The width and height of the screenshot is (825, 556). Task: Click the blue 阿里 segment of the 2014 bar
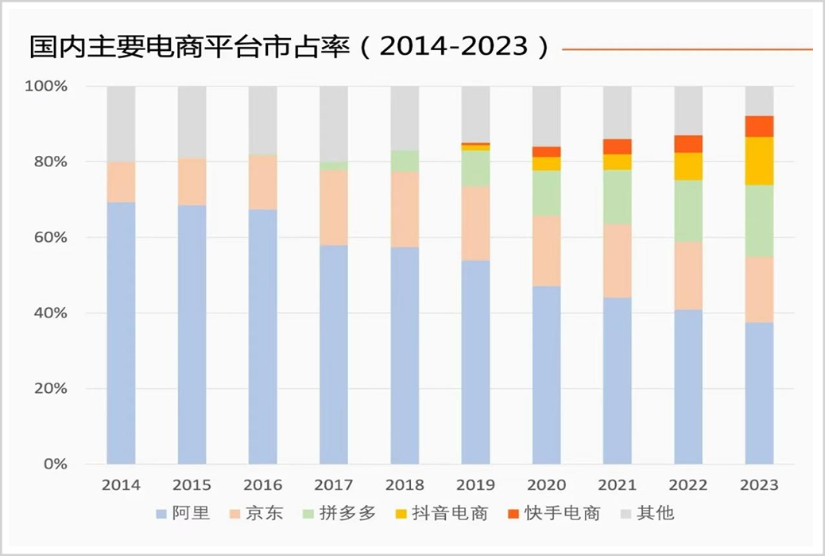tap(121, 332)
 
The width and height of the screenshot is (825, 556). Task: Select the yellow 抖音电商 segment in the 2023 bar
tap(759, 161)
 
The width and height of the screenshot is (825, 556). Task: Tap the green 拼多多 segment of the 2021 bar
tap(618, 196)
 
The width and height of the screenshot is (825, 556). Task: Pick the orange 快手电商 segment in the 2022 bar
tap(688, 144)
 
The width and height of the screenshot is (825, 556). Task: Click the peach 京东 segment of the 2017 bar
tap(334, 207)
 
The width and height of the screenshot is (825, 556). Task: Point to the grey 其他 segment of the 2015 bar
tap(192, 122)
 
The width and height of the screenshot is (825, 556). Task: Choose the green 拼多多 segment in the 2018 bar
tap(405, 161)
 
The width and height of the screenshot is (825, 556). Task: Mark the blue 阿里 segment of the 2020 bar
tap(547, 375)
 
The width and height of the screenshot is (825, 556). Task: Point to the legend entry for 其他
tap(648, 513)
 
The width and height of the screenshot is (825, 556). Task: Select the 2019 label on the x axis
tap(475, 485)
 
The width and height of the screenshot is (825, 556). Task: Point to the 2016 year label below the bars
tap(263, 485)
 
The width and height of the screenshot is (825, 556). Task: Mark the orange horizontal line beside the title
tap(687, 49)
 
